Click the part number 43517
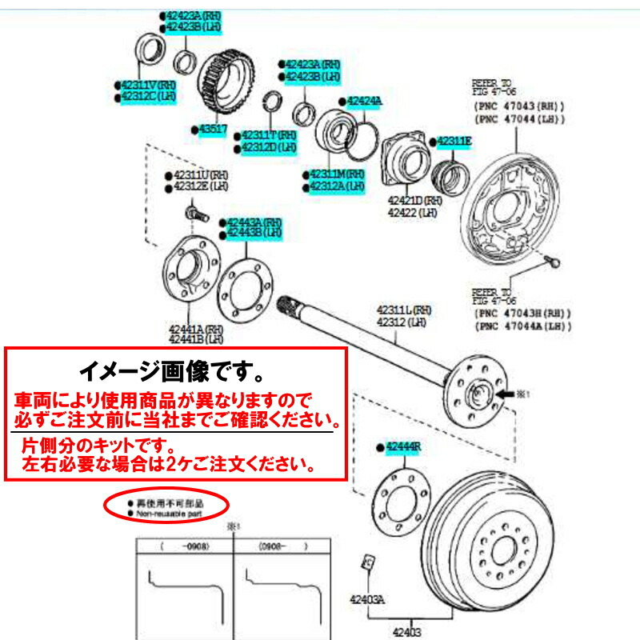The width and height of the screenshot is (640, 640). (213, 129)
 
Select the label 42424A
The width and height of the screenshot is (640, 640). (365, 102)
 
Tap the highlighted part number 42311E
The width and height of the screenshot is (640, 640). (454, 142)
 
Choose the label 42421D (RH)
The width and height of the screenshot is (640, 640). (414, 201)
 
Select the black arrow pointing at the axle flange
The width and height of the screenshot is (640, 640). (506, 394)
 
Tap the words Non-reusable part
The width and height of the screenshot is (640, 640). (168, 515)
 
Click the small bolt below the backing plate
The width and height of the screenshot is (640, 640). (554, 260)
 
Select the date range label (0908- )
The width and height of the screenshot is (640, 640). (276, 548)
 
